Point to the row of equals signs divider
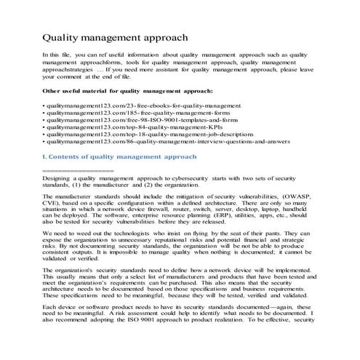tap(78, 169)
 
